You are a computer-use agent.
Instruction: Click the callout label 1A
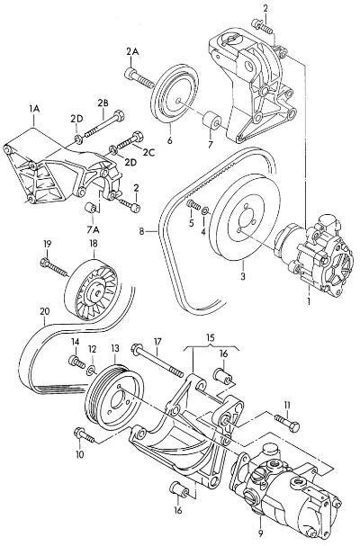34,109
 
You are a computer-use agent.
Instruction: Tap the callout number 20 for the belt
45,311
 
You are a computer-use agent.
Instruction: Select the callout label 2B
103,103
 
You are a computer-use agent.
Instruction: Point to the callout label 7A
93,229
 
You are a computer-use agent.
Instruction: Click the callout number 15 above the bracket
210,337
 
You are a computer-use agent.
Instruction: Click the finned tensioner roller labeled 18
92,290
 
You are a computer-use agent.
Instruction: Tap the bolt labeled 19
54,267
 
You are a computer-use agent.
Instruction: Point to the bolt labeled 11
287,422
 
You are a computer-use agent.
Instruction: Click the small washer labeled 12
91,371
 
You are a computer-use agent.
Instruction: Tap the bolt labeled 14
76,362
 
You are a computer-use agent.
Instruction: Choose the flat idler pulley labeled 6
175,94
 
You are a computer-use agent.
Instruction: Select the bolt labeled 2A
139,78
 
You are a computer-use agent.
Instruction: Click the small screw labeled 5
193,205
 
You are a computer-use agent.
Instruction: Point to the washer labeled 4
205,210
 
